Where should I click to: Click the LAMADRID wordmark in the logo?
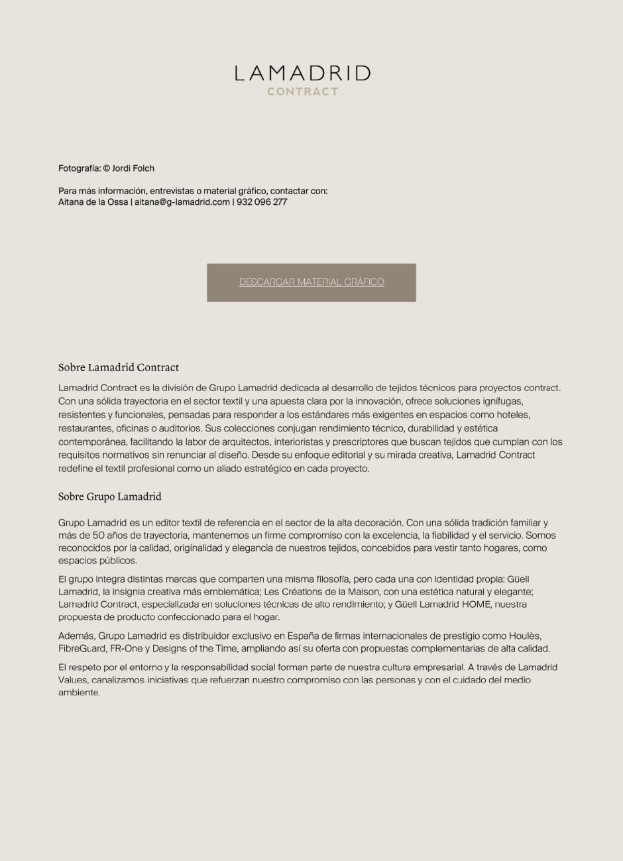(302, 73)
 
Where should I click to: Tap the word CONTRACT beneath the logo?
(303, 91)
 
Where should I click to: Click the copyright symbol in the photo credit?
(106, 168)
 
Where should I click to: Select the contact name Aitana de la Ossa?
(93, 202)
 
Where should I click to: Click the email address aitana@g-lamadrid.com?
(182, 202)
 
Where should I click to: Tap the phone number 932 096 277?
(262, 202)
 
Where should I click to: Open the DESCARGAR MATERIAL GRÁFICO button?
(311, 282)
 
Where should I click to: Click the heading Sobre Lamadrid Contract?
(119, 367)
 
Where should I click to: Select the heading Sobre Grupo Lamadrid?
(110, 496)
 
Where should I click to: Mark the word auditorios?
(179, 428)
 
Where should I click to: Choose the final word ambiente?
(79, 693)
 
